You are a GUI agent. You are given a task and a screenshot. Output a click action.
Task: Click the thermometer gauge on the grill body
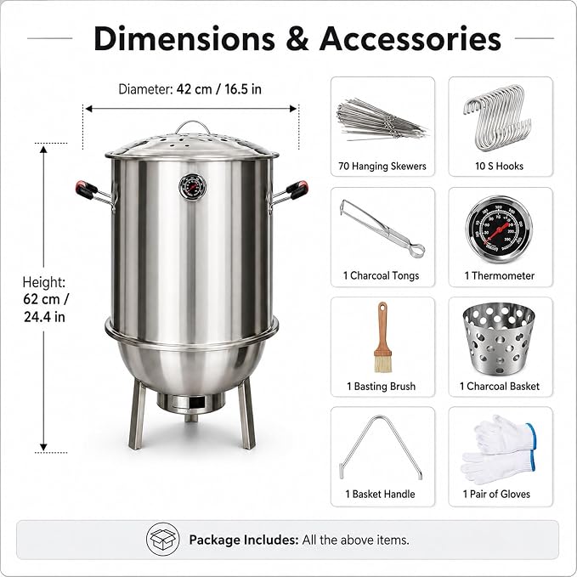[x=192, y=187]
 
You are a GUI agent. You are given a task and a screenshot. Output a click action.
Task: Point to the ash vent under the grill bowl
[x=191, y=403]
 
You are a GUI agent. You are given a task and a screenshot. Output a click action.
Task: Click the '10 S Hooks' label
[x=499, y=166]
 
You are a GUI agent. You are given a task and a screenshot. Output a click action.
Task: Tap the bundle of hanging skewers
[x=382, y=120]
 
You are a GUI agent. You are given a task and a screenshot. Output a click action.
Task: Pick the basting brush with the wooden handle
[x=382, y=337]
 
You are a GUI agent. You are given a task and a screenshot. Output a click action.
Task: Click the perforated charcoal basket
[x=499, y=338]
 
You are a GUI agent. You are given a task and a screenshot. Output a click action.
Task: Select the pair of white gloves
[x=499, y=450]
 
